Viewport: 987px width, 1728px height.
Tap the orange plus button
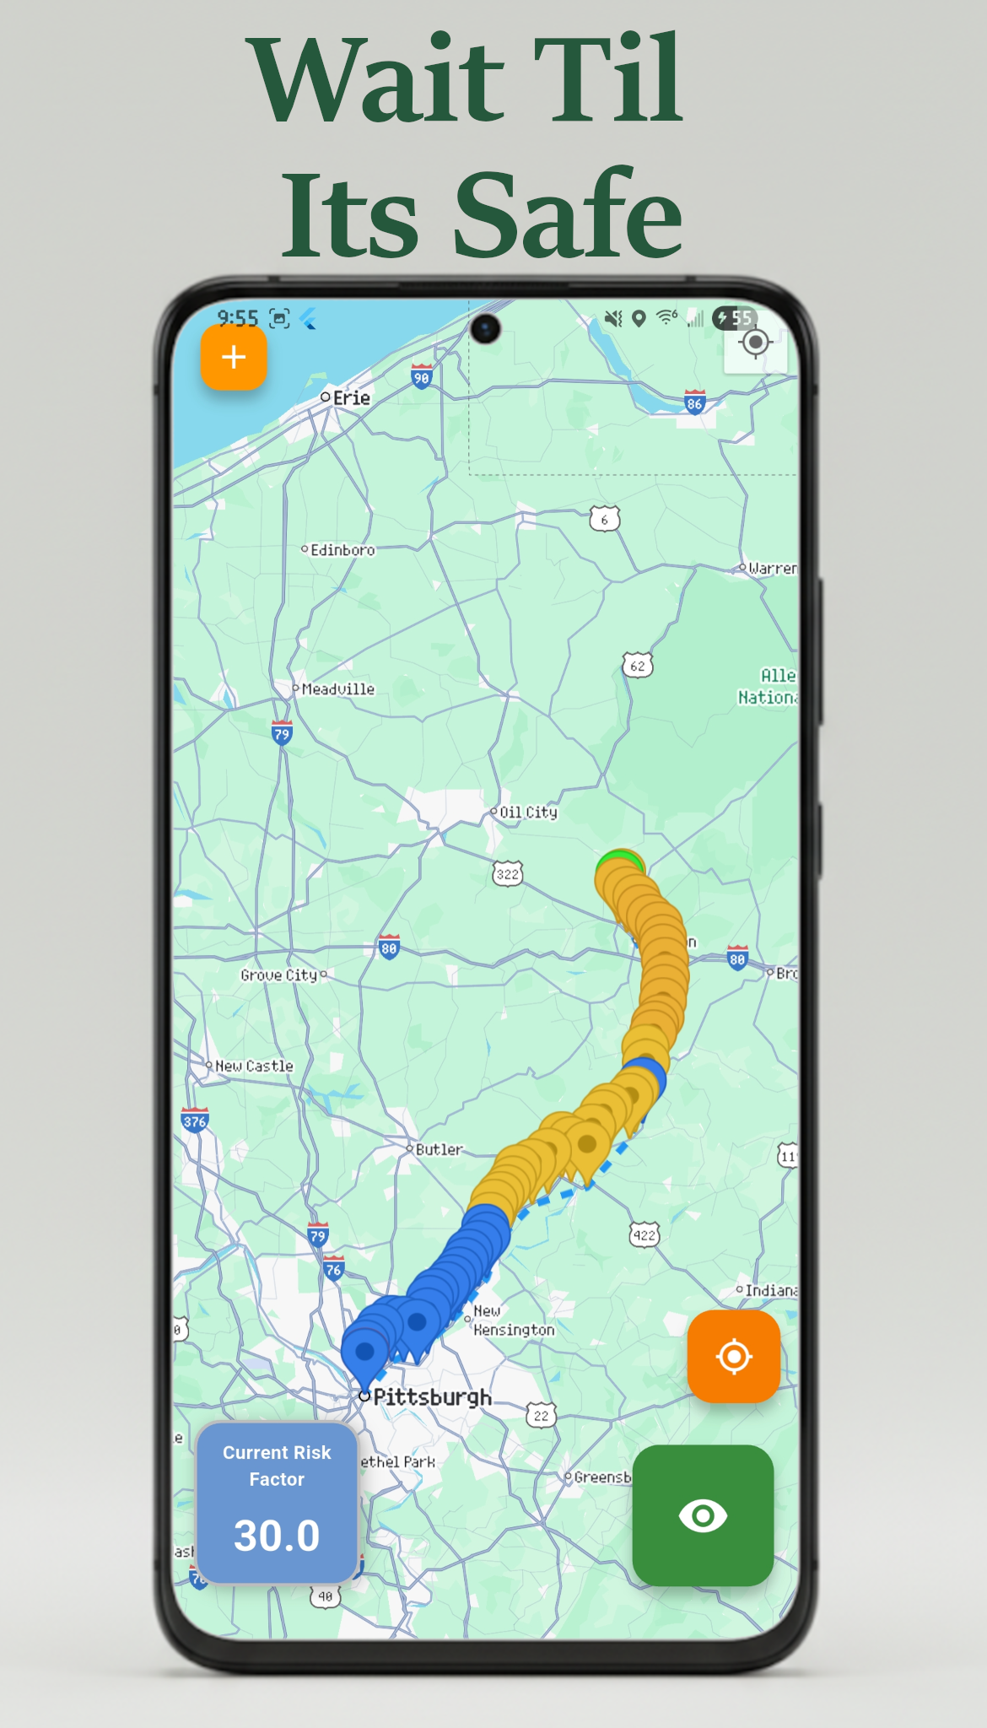click(x=234, y=358)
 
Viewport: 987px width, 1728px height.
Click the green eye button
click(x=703, y=1515)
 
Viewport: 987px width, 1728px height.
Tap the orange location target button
click(x=733, y=1356)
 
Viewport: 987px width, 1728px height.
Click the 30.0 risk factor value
click(x=277, y=1535)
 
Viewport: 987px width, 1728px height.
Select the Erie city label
click(x=351, y=398)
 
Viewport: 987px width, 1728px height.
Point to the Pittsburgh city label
click(x=432, y=1397)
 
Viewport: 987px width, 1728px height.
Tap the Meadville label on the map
click(x=337, y=689)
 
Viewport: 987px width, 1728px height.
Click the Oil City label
click(x=528, y=813)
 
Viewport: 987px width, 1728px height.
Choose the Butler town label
click(x=439, y=1149)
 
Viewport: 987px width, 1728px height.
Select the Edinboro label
click(x=342, y=550)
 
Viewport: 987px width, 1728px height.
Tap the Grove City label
click(x=279, y=975)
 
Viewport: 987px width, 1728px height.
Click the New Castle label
click(x=254, y=1066)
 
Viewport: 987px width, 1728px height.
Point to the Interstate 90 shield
click(x=422, y=377)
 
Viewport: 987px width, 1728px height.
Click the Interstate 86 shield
click(x=694, y=402)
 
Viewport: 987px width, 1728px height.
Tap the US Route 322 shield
click(x=507, y=874)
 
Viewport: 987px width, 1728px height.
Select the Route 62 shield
click(x=638, y=666)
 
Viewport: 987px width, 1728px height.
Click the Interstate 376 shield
click(x=195, y=1121)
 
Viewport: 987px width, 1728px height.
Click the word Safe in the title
click(x=567, y=215)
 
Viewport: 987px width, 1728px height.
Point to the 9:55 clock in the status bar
click(x=238, y=318)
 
